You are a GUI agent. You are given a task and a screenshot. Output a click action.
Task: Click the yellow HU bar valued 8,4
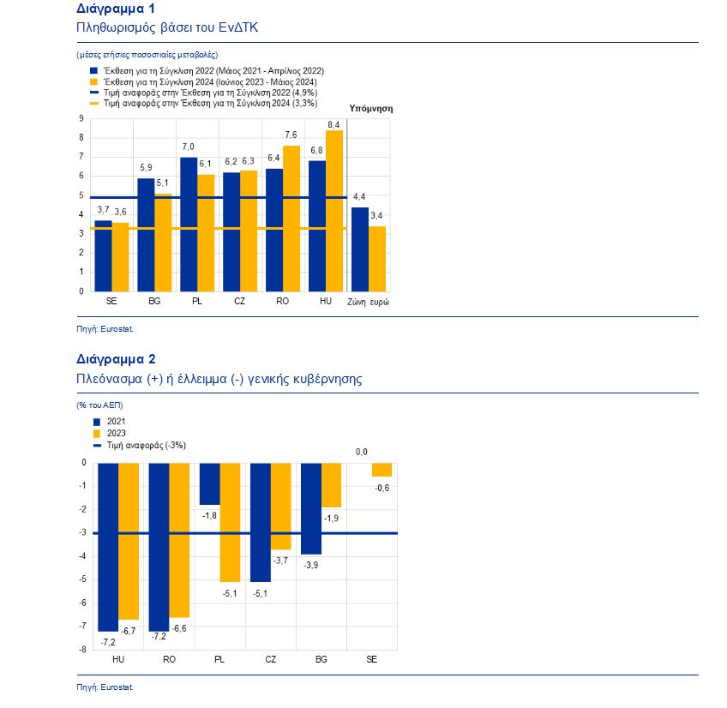334,211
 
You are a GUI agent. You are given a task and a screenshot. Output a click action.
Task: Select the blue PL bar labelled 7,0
189,225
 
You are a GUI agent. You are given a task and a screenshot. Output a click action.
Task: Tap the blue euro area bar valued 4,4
360,249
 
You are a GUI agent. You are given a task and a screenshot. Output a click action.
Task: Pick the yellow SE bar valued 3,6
120,257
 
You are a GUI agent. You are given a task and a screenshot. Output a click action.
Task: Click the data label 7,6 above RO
291,135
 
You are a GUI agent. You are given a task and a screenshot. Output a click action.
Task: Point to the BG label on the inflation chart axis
154,302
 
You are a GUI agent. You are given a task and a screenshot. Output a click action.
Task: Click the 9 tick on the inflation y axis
81,118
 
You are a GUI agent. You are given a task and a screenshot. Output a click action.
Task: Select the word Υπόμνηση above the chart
371,109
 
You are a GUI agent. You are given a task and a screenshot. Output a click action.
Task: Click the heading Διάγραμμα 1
116,9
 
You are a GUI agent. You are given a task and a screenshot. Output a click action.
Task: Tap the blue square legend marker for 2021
97,422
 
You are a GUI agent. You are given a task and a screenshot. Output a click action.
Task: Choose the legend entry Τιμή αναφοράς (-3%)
140,446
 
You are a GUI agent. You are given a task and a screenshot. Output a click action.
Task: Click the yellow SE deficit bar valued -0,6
382,470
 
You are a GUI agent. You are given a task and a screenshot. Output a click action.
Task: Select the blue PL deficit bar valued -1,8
209,483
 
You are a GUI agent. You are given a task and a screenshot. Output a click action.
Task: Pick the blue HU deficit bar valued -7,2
108,547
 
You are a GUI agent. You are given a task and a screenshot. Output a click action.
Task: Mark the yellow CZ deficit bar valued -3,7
280,507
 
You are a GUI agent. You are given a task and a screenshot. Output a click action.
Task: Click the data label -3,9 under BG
310,565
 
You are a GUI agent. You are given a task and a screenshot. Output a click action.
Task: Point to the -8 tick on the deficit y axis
82,650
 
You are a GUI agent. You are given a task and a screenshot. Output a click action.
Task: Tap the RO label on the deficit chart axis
169,659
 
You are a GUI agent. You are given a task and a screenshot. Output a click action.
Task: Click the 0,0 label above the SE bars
362,452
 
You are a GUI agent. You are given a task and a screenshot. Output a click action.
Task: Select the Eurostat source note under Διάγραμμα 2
105,687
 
